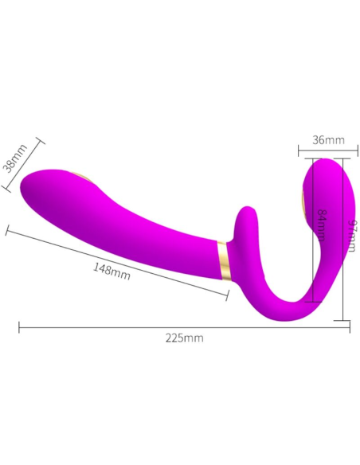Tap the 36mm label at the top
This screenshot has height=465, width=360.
tap(328, 140)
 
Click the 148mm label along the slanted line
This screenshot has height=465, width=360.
tap(112, 270)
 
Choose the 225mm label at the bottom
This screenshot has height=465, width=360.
tap(184, 338)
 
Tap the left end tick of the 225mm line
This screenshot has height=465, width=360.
tap(19, 326)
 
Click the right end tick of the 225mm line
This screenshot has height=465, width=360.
tap(350, 326)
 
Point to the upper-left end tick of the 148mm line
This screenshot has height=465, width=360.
tap(7, 230)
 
